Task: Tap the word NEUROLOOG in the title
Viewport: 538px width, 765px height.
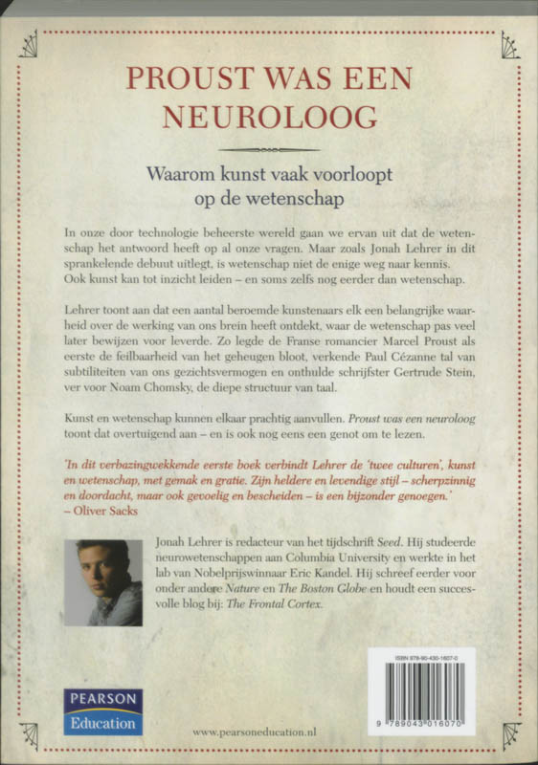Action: (x=269, y=116)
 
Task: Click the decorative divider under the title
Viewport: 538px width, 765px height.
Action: (x=269, y=150)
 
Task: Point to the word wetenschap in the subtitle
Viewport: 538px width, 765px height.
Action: (x=299, y=202)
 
